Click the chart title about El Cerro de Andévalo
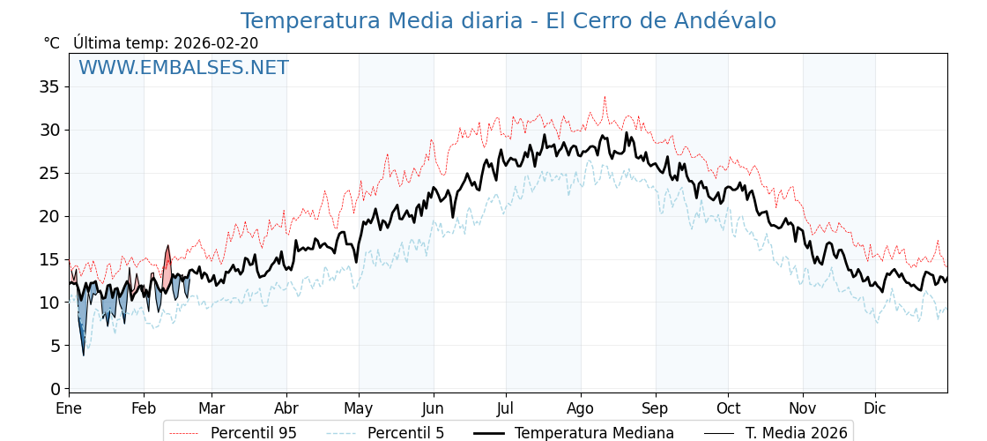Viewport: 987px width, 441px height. tap(508, 21)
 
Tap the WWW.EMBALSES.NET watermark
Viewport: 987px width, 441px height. tap(183, 68)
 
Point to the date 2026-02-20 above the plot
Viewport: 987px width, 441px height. tap(216, 43)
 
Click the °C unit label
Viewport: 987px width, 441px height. tap(51, 43)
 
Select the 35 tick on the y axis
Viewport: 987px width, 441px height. tap(49, 86)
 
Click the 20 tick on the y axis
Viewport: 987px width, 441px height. tap(49, 216)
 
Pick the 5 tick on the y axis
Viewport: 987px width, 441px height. tap(55, 346)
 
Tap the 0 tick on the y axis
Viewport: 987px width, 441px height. tap(55, 389)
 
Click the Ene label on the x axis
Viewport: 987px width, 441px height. tap(69, 409)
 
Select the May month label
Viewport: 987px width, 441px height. tap(359, 409)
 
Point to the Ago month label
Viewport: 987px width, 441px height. tap(581, 409)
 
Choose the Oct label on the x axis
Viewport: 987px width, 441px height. tap(728, 409)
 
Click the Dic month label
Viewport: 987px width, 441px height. tap(875, 409)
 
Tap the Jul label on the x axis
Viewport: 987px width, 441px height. tap(506, 409)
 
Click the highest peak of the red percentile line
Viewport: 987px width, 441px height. tap(605, 97)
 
